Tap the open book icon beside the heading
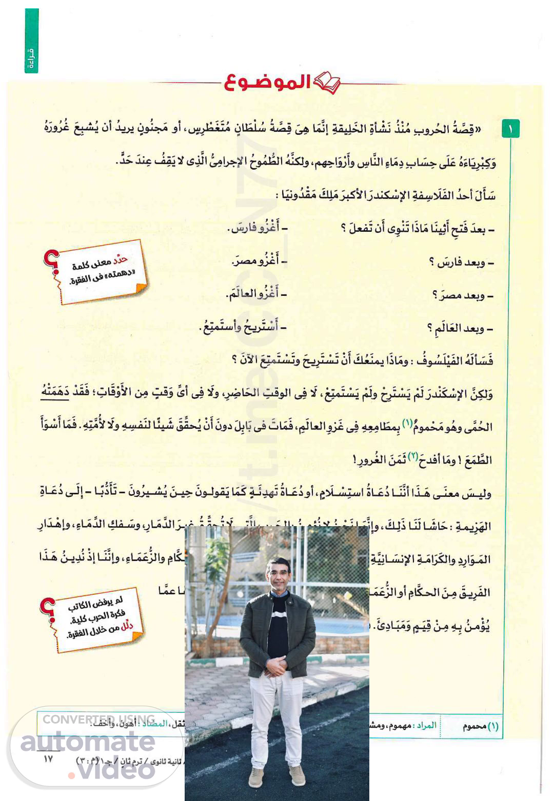[x=326, y=84]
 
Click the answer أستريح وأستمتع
[x=240, y=327]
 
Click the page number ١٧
[x=48, y=759]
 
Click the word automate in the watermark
[x=87, y=742]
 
